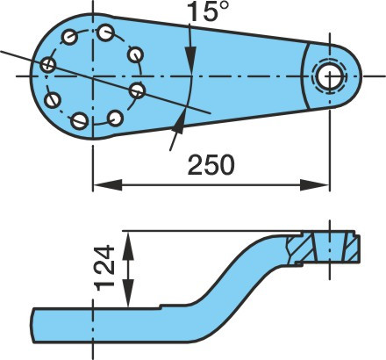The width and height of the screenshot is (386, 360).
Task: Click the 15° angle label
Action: pyautogui.click(x=207, y=11)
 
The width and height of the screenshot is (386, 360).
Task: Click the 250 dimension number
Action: pyautogui.click(x=211, y=165)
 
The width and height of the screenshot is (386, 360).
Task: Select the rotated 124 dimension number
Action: pyautogui.click(x=104, y=269)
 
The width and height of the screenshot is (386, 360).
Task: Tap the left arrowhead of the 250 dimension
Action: pyautogui.click(x=107, y=185)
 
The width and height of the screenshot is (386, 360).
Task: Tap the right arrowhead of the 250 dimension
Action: pyautogui.click(x=315, y=185)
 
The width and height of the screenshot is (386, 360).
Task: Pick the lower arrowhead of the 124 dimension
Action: pyautogui.click(x=128, y=293)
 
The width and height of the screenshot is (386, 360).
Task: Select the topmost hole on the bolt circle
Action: pyautogui.click(x=105, y=32)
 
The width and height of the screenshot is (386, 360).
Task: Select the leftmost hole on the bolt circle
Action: pyautogui.click(x=48, y=64)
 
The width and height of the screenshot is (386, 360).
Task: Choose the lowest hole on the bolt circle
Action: pyautogui.click(x=80, y=120)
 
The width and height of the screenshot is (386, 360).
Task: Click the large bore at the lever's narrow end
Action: pyautogui.click(x=330, y=76)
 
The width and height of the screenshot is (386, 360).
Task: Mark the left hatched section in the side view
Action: pyautogui.click(x=300, y=248)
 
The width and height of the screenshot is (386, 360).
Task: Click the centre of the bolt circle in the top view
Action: pyautogui.click(x=93, y=76)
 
